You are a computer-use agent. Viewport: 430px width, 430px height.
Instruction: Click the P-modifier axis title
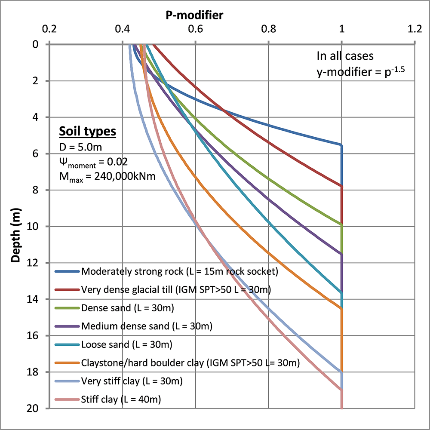(195, 16)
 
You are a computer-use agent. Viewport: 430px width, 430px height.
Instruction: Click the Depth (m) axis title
(16, 226)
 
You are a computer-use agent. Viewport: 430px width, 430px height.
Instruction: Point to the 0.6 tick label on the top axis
(196, 31)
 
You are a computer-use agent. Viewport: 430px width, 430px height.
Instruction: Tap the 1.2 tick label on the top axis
(415, 31)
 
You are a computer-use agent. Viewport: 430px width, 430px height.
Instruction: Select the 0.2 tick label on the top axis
(49, 31)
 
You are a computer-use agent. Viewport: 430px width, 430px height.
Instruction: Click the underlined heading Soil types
(87, 131)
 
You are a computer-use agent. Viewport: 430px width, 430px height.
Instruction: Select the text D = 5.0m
(80, 147)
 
